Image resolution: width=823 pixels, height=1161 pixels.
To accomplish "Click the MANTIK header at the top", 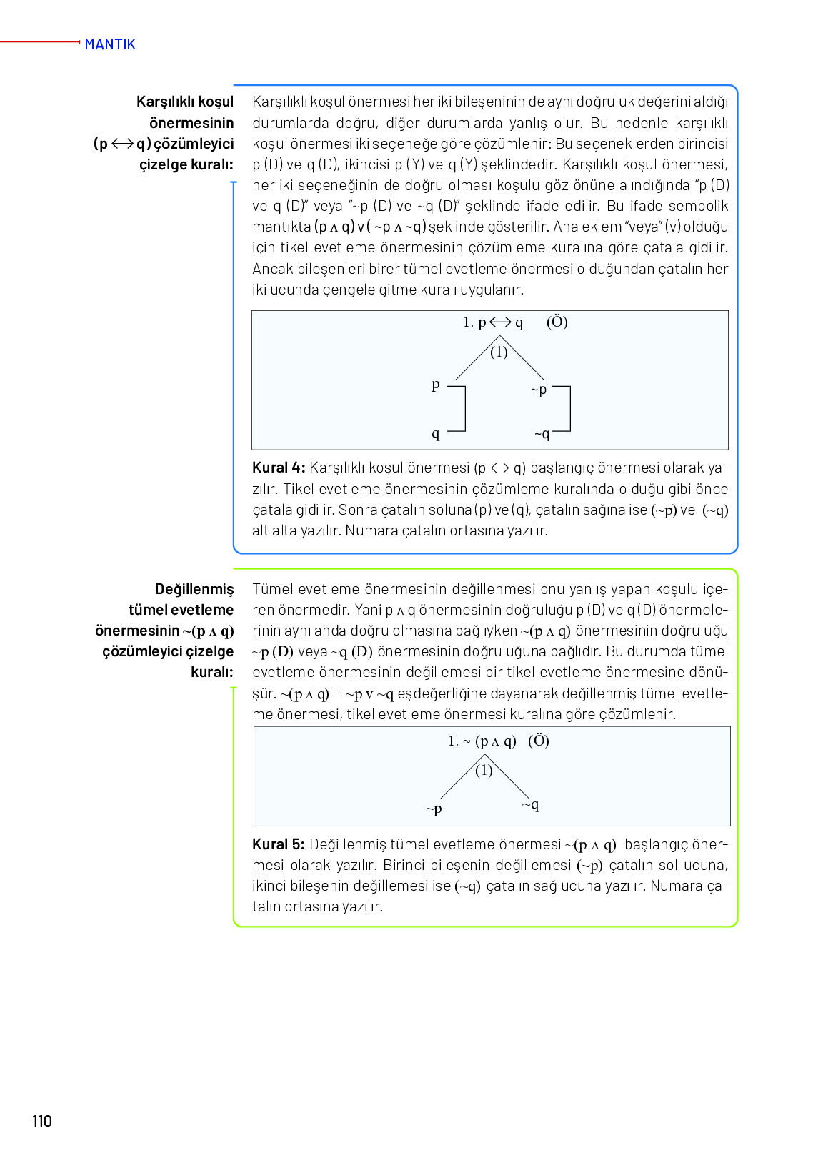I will coord(110,44).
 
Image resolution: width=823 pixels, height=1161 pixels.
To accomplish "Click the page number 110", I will coord(42,1121).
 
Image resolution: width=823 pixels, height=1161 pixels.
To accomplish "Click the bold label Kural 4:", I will coord(279,468).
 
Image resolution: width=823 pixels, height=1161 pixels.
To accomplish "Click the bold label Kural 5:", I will coord(279,844).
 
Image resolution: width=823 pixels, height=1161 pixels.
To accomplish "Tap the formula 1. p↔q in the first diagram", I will coord(493,322).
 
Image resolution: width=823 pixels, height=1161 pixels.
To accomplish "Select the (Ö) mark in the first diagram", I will coord(557,322).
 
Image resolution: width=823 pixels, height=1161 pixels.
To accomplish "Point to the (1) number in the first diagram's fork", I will coord(499,352).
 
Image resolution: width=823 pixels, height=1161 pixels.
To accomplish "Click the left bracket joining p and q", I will coord(464,409).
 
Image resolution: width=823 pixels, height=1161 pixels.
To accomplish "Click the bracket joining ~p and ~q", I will coord(569,409).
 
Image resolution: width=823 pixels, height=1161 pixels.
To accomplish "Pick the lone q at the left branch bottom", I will coord(436,433).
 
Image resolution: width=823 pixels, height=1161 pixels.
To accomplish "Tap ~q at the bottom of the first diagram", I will coord(542,434).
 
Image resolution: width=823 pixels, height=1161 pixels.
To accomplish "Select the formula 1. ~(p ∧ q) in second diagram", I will coord(482,741).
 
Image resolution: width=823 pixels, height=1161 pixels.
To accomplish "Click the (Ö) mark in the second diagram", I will coord(539,741).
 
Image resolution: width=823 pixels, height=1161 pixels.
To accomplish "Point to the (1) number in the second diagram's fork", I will coord(484,770).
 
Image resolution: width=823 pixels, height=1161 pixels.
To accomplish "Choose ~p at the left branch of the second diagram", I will coord(434,809).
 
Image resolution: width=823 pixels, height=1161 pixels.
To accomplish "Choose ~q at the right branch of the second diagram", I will coord(530,805).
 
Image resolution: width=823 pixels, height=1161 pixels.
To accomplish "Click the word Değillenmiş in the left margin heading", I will coord(194,589).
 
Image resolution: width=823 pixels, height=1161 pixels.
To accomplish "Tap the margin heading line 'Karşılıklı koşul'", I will coord(185,102).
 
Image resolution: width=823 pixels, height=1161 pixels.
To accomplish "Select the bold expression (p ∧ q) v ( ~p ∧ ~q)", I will coord(370,227).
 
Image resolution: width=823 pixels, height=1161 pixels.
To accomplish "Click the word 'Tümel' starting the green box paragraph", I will coord(272,589).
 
